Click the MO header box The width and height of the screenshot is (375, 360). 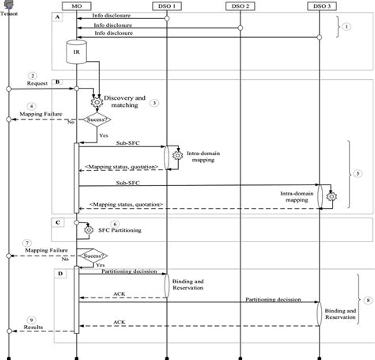[77, 6]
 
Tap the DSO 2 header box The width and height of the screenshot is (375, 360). [241, 6]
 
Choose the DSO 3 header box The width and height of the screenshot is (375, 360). [320, 6]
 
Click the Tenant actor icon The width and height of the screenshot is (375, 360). [8, 5]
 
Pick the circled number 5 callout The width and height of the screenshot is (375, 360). [358, 172]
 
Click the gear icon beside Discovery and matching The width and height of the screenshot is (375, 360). [99, 102]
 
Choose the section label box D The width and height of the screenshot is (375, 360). [59, 273]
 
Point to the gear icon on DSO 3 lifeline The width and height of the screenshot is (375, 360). [332, 195]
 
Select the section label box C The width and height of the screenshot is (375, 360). [59, 223]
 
